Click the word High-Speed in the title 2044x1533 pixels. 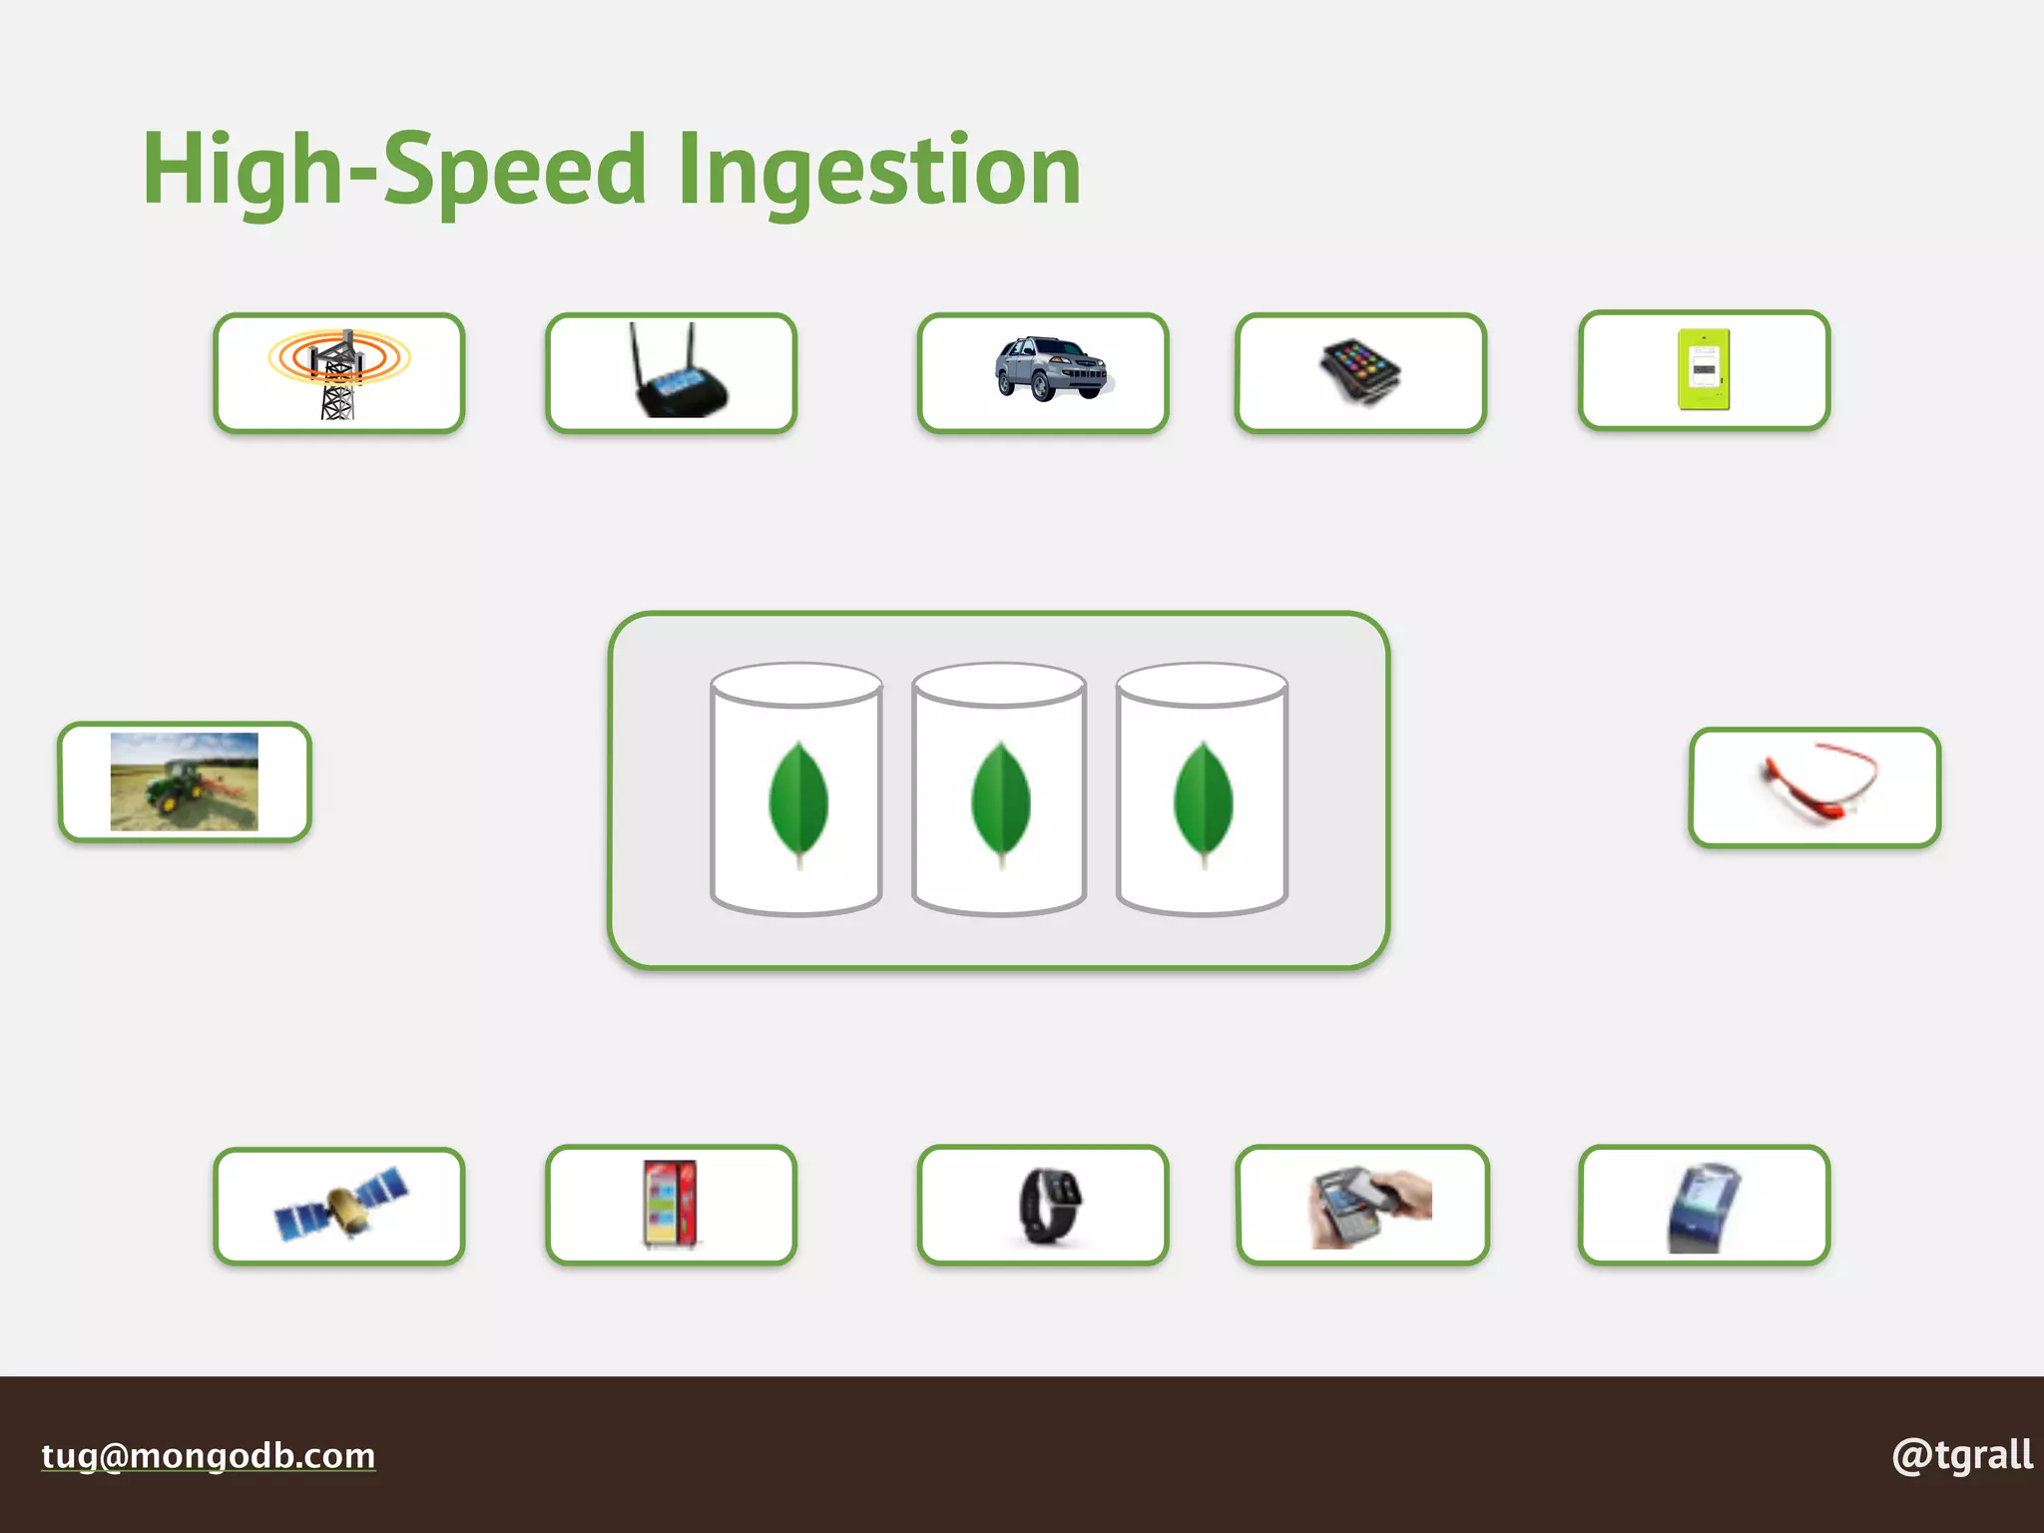pos(394,172)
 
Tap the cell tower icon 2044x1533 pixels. pos(338,372)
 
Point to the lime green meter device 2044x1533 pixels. pos(1704,369)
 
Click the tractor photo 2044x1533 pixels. pos(185,781)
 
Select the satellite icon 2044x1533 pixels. pos(339,1205)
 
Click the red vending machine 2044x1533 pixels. pos(671,1204)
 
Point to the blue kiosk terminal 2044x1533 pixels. pos(1704,1206)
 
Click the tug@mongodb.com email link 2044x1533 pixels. pos(209,1456)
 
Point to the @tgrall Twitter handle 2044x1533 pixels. pos(1961,1456)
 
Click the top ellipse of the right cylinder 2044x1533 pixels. pos(1202,685)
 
